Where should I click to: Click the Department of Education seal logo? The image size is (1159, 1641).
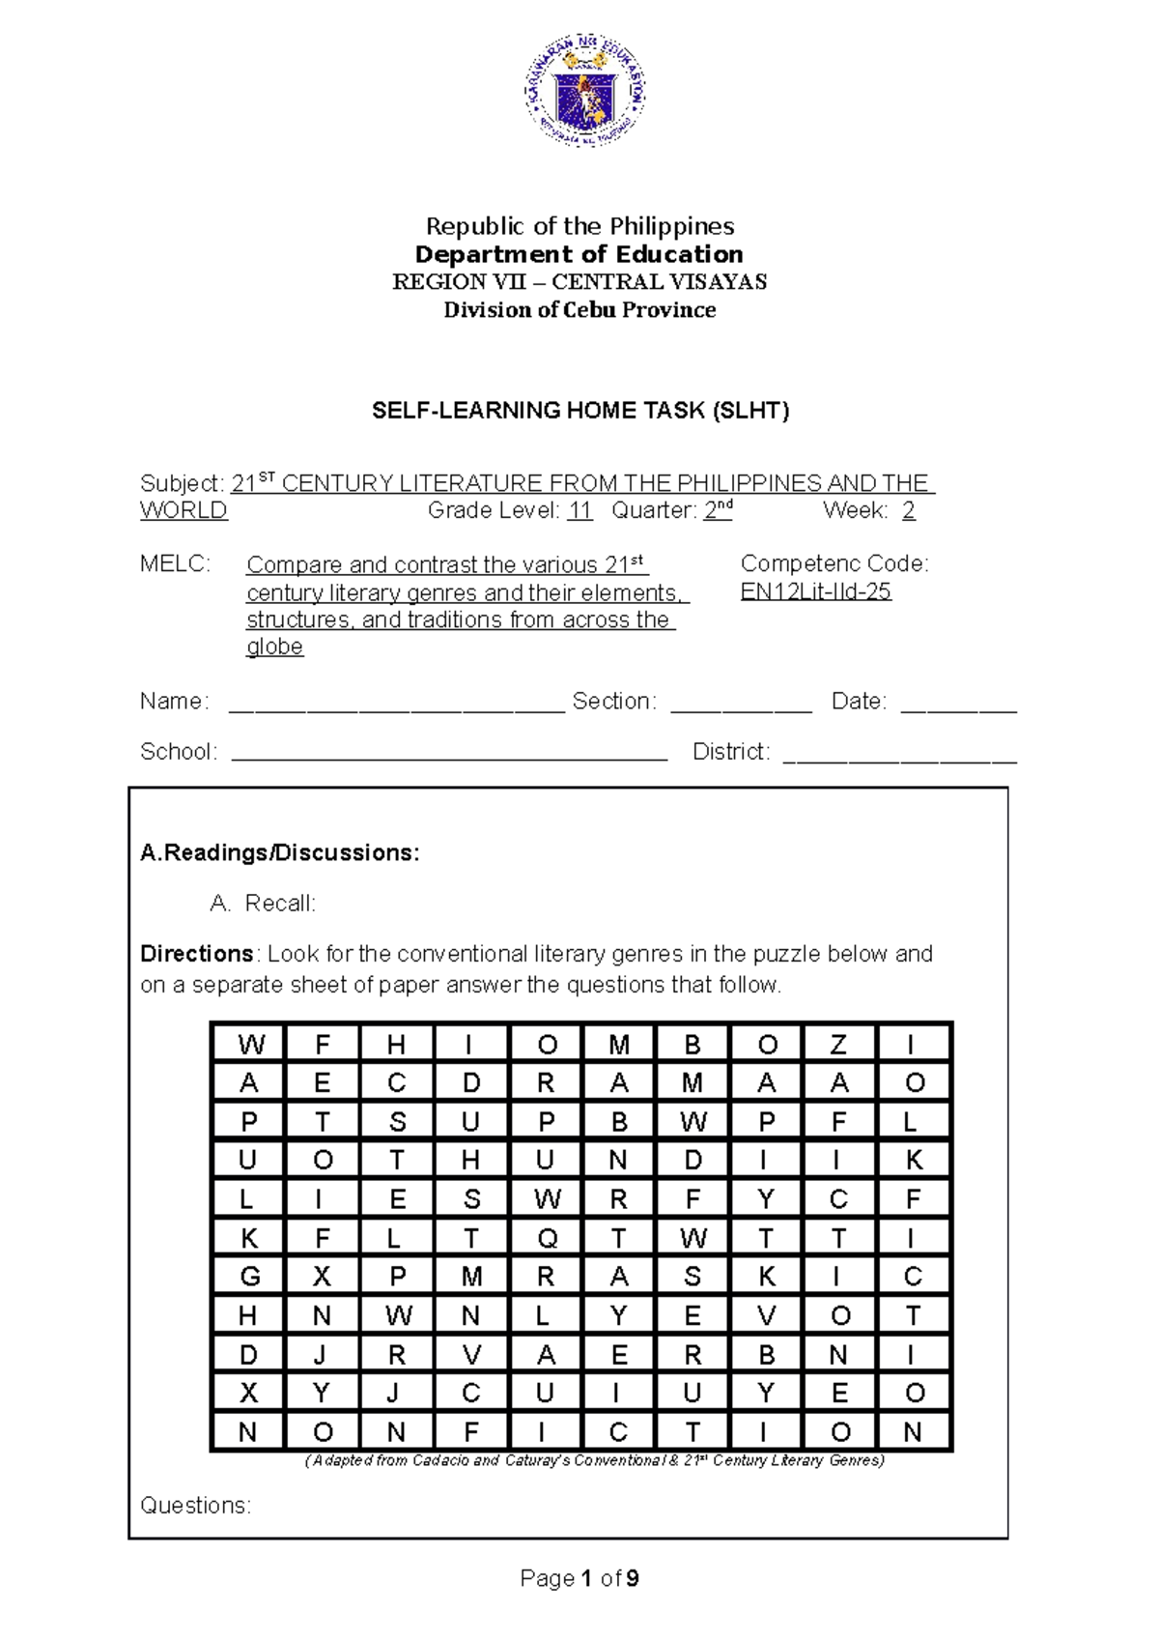point(585,93)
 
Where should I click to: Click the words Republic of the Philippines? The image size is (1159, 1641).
point(579,226)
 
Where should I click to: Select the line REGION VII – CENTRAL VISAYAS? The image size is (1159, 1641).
point(579,282)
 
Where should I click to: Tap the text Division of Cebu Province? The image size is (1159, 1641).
point(579,310)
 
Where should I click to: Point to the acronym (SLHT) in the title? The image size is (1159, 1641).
point(750,411)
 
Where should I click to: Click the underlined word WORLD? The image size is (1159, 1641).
point(184,510)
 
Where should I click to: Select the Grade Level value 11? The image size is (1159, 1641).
point(579,510)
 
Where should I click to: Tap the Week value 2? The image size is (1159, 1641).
point(908,510)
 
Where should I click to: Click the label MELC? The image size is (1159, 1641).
point(175,564)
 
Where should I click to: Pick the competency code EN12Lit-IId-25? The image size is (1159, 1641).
point(815,591)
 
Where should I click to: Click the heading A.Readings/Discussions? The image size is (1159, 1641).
point(280,852)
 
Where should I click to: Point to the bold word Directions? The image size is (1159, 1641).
point(197,954)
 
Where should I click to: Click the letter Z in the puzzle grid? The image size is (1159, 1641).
point(838,1045)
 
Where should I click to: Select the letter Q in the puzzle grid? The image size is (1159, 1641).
point(547,1238)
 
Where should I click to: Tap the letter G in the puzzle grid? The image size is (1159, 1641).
point(249,1277)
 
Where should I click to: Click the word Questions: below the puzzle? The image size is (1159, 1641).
point(195,1505)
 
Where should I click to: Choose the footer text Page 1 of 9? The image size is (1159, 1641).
point(579,1578)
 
